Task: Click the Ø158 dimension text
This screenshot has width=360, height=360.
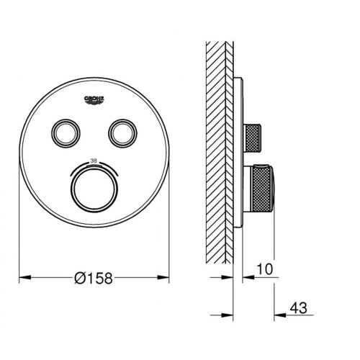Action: click(x=94, y=277)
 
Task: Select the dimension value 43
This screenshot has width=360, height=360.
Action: click(x=297, y=308)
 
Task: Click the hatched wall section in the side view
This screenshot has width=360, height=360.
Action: click(x=218, y=144)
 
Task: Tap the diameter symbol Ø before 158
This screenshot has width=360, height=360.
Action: click(x=78, y=277)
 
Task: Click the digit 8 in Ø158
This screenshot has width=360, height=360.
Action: click(x=110, y=277)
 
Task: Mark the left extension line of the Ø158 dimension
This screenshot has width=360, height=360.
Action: click(x=18, y=245)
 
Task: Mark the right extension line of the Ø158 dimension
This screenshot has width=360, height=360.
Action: click(x=171, y=245)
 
